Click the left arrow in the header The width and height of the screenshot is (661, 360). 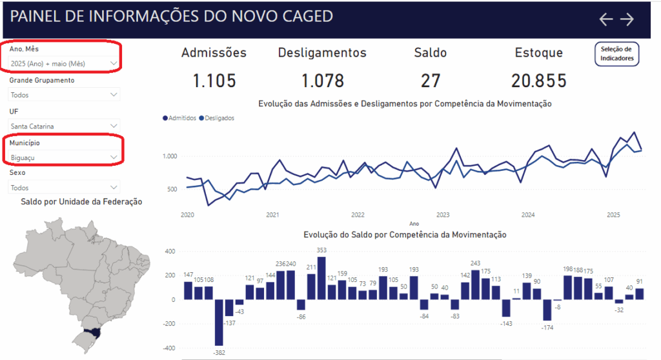click(x=605, y=19)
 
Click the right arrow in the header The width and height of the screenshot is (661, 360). click(x=627, y=19)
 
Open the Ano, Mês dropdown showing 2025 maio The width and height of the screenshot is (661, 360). click(x=64, y=63)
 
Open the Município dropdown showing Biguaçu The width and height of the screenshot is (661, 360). click(x=64, y=157)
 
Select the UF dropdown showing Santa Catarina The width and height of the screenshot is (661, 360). click(x=64, y=126)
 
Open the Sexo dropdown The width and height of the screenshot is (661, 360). click(x=64, y=188)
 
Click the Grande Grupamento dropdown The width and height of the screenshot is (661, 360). click(x=64, y=95)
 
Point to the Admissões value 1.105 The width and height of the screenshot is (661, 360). click(x=214, y=81)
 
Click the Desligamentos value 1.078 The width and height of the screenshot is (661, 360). click(x=322, y=81)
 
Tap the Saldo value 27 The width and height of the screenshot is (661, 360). click(x=430, y=81)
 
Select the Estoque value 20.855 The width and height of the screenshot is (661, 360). click(x=539, y=81)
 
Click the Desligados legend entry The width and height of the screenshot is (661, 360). click(x=217, y=118)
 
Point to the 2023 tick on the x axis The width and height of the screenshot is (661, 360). click(x=443, y=215)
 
